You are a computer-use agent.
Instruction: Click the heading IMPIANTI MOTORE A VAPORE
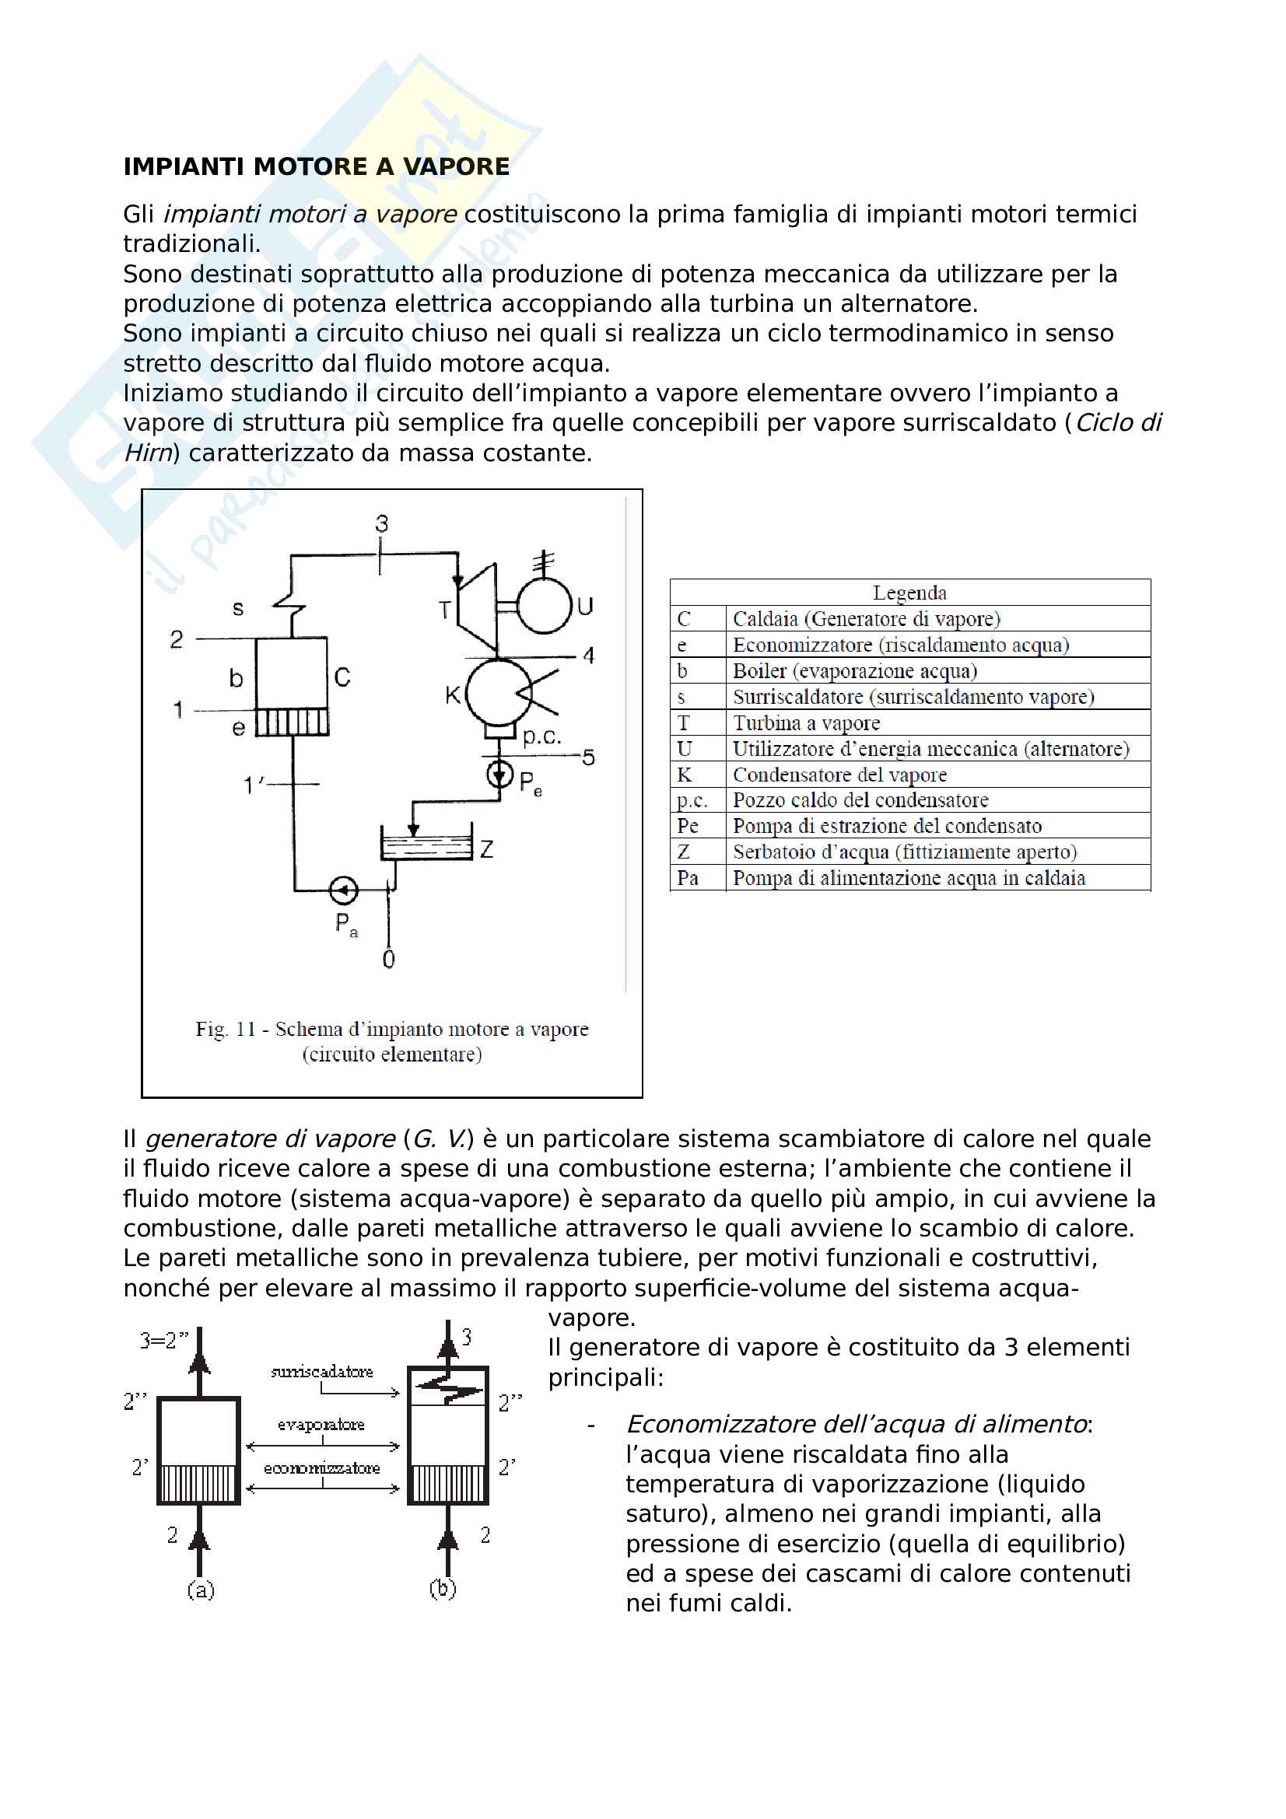[x=316, y=166]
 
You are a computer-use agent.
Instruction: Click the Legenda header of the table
[x=909, y=593]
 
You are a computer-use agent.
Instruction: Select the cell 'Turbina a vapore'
[x=806, y=722]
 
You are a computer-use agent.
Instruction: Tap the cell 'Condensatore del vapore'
[x=839, y=774]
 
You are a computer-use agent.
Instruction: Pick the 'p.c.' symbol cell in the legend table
[x=692, y=800]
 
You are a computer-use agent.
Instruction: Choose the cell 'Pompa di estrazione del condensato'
[x=887, y=826]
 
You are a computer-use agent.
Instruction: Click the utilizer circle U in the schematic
[x=545, y=606]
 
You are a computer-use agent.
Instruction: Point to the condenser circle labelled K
[x=499, y=691]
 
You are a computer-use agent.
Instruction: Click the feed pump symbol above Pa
[x=344, y=890]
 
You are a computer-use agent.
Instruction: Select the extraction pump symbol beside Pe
[x=500, y=772]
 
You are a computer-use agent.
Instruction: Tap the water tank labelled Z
[x=426, y=845]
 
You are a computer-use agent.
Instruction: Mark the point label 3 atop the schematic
[x=382, y=523]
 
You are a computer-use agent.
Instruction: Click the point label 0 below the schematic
[x=388, y=960]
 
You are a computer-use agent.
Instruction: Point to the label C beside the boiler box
[x=342, y=677]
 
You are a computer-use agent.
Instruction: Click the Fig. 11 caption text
[x=392, y=1041]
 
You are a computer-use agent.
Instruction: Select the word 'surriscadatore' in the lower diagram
[x=322, y=1371]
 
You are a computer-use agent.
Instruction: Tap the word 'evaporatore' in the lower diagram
[x=321, y=1425]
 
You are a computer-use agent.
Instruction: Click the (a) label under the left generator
[x=201, y=1590]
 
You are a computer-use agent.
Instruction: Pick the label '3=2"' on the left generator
[x=164, y=1341]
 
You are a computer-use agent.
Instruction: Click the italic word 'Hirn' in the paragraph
[x=148, y=453]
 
